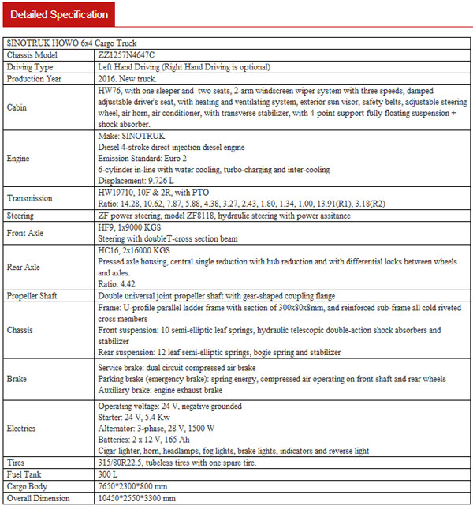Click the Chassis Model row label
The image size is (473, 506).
coord(32,56)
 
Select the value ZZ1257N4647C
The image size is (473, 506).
coord(128,56)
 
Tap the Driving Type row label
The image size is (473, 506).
coord(29,67)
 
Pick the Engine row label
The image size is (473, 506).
coord(20,158)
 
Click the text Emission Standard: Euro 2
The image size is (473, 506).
coord(147,157)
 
